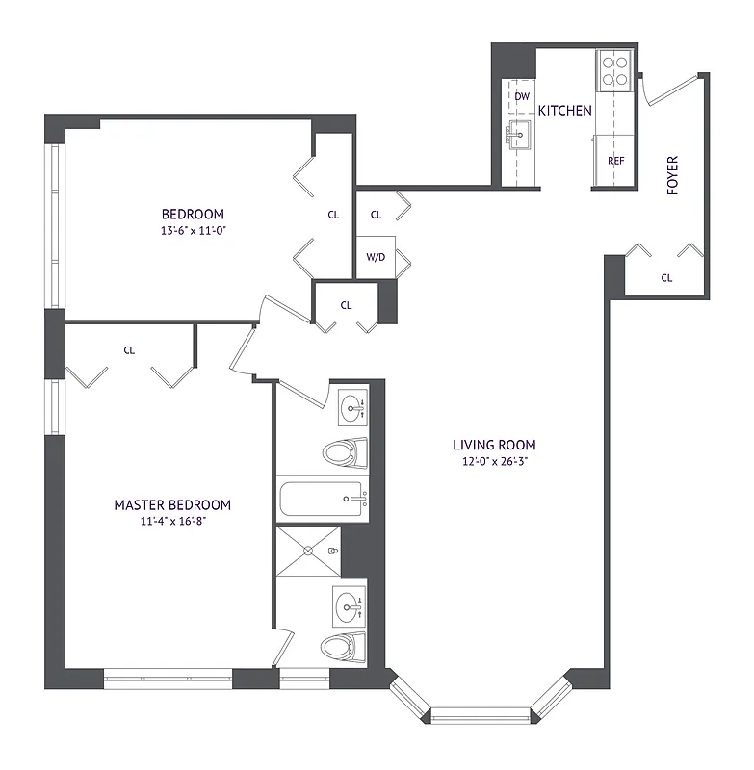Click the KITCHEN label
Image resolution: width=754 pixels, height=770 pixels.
tap(564, 111)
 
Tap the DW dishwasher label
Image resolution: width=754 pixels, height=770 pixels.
tap(522, 96)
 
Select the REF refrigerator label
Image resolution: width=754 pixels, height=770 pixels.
tap(615, 161)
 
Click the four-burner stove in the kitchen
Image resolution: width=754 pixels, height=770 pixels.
tap(614, 69)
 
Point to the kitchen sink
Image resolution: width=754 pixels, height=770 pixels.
tap(521, 136)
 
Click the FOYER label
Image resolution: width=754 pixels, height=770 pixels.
tap(672, 175)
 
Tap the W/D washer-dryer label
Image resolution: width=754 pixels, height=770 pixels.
tap(375, 257)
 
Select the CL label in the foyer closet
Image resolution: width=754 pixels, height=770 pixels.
tap(666, 278)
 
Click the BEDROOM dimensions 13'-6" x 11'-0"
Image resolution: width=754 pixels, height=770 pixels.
tap(193, 231)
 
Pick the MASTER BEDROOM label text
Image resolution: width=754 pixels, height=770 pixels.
tap(172, 504)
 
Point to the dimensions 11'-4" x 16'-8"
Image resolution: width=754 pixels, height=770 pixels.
tap(172, 522)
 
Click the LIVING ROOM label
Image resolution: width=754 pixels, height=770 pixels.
tap(494, 445)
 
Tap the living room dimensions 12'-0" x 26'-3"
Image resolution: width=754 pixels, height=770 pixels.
tap(494, 462)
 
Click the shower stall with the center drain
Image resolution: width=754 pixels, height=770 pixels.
tap(308, 551)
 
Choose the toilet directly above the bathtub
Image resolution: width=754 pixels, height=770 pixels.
tap(346, 450)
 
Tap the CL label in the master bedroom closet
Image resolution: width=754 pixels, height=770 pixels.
tap(129, 350)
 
